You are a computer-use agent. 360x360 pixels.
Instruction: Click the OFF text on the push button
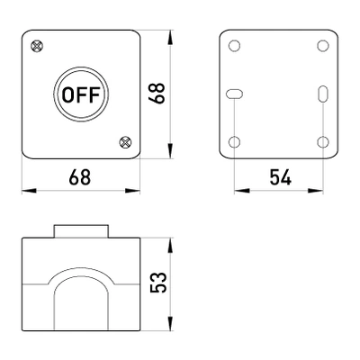point(81,94)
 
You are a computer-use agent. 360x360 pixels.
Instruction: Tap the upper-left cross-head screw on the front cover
point(37,46)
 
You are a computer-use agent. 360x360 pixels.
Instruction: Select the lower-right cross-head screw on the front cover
point(125,141)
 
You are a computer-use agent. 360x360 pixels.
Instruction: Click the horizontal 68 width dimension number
point(80,177)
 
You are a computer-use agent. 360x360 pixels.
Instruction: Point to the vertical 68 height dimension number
point(157,94)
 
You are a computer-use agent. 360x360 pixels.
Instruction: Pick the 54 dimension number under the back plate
point(280,177)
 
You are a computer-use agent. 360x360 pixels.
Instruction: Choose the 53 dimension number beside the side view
point(158,283)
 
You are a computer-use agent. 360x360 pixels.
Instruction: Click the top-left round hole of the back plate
point(234,46)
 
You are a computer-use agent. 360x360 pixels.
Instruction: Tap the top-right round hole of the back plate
point(323,46)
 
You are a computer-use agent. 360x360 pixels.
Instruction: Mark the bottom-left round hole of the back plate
point(234,141)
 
